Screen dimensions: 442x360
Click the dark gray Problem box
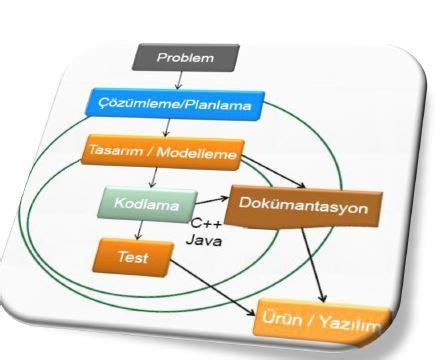click(186, 58)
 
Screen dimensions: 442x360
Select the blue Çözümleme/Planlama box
click(175, 105)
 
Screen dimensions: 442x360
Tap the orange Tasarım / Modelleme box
click(163, 153)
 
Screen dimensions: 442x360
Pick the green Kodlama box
click(147, 204)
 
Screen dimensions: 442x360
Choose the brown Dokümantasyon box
click(303, 207)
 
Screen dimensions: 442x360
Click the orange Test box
click(133, 257)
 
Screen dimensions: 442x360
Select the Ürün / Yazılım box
click(322, 322)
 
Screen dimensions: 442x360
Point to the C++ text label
click(206, 223)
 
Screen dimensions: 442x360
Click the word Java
click(204, 240)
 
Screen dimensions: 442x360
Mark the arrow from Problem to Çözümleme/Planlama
click(179, 80)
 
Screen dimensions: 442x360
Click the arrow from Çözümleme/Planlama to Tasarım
click(167, 128)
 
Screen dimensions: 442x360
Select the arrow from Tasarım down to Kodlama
click(154, 177)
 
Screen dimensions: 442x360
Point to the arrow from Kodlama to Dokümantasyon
click(212, 200)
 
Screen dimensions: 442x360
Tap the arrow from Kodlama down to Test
click(139, 230)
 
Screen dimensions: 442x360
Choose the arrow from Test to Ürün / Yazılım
click(212, 287)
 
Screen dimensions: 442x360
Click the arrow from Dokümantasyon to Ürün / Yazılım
click(313, 265)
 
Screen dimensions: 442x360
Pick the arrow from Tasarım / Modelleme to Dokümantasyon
click(273, 172)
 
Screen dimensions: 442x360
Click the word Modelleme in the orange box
click(197, 154)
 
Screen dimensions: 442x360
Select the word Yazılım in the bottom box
click(350, 323)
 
